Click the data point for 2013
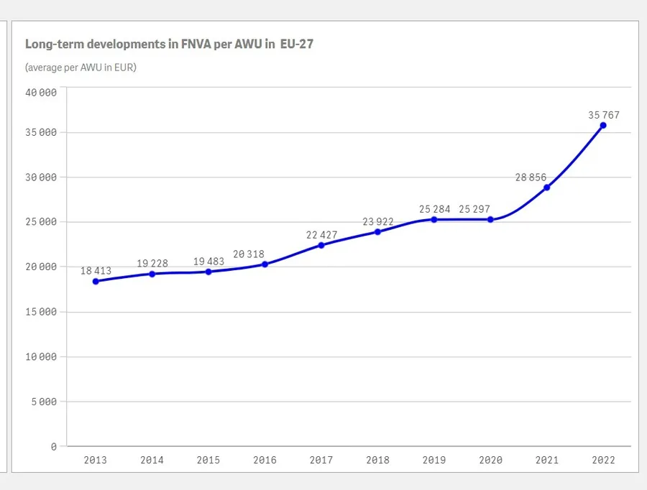[x=96, y=281]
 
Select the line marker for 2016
[x=265, y=264]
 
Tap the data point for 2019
[x=434, y=219]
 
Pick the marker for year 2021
[x=547, y=188]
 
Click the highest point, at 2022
[x=603, y=125]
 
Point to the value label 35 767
[x=603, y=115]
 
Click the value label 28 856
[x=531, y=177]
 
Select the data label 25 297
[x=492, y=209]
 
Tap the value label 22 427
[x=321, y=235]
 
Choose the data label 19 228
[x=152, y=264]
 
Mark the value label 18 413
[x=96, y=271]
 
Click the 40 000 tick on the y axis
[x=40, y=93]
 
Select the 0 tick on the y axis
[x=53, y=446]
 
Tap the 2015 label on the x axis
[x=208, y=461]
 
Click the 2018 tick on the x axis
[x=377, y=461]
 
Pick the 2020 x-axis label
[x=490, y=461]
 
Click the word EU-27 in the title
[x=296, y=45]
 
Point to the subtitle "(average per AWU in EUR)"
[x=81, y=68]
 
